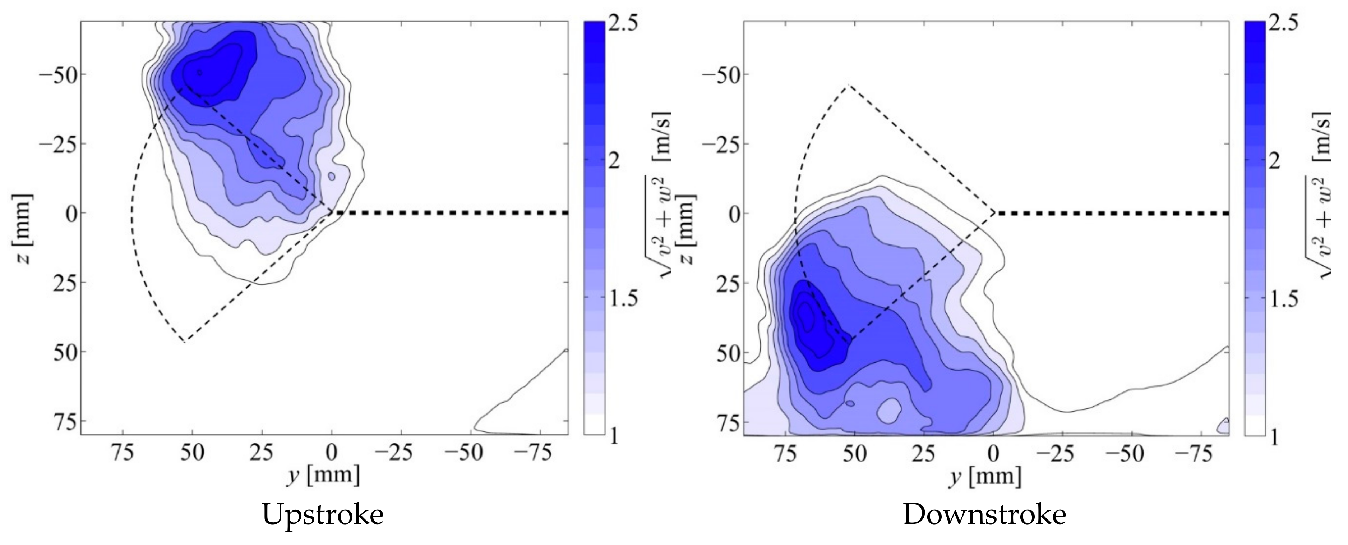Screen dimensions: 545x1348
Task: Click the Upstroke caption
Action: click(x=323, y=515)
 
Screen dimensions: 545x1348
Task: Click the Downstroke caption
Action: click(x=984, y=515)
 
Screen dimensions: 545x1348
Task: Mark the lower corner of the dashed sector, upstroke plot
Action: click(x=185, y=342)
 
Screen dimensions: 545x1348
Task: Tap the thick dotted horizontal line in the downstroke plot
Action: click(x=1109, y=213)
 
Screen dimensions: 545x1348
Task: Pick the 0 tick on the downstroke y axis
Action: click(x=993, y=453)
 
